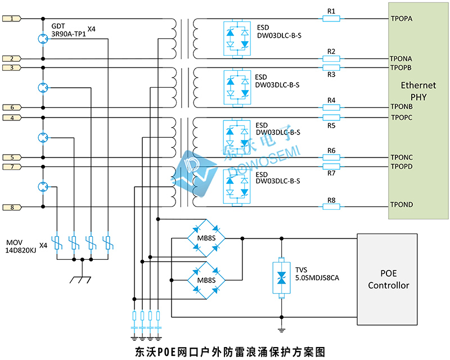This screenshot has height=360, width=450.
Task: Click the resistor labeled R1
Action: coord(331,19)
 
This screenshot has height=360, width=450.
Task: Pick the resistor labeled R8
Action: coord(331,207)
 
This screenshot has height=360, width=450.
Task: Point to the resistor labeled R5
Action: coord(331,118)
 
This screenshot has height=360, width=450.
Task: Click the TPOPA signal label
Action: coord(401,19)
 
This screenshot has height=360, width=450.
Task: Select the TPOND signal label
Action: coord(402,204)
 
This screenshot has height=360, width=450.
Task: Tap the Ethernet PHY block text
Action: coord(418,91)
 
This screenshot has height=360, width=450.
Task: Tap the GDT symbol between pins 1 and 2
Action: coord(43,38)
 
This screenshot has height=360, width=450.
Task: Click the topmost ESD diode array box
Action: coord(236,38)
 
